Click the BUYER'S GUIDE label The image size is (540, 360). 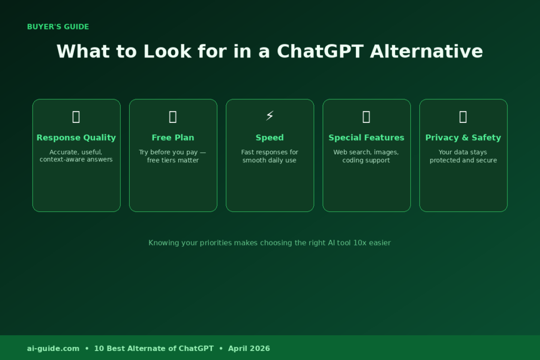[x=58, y=27]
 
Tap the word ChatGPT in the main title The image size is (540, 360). [x=320, y=52]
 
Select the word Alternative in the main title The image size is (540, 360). [x=426, y=52]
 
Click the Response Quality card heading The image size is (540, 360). [x=76, y=138]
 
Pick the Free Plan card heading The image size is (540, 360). [x=173, y=138]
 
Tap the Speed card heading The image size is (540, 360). [x=269, y=138]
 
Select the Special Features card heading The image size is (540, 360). [x=366, y=138]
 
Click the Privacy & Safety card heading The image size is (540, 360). [x=463, y=138]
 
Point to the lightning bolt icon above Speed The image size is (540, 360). [x=269, y=116]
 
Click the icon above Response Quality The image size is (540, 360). [x=76, y=117]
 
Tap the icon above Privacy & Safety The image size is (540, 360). [x=463, y=117]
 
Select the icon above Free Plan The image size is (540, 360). [x=173, y=117]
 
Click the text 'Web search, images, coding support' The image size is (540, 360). [x=366, y=156]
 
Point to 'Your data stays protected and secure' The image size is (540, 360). [x=463, y=156]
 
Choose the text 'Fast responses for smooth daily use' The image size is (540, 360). [x=269, y=156]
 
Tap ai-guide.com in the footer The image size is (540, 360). [x=53, y=348]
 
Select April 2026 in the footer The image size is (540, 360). [x=249, y=348]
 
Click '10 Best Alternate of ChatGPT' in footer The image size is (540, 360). [x=154, y=348]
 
